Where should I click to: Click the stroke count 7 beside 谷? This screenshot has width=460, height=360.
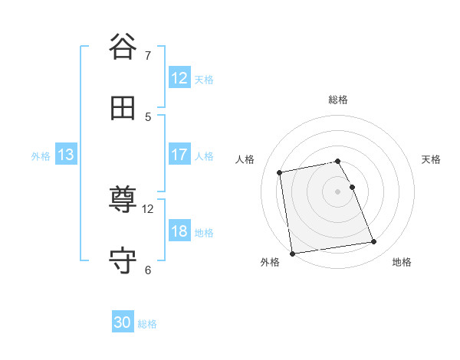(x=148, y=55)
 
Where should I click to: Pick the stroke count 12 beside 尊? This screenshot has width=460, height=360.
(x=148, y=208)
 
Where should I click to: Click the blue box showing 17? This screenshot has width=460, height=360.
(x=179, y=155)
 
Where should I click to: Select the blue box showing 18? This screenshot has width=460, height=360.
(x=179, y=231)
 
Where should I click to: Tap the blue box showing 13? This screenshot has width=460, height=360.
(x=65, y=155)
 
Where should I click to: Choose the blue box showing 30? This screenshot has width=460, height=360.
(x=123, y=322)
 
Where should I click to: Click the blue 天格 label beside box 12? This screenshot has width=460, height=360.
(x=204, y=79)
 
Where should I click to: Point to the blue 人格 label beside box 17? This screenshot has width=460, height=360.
(x=204, y=155)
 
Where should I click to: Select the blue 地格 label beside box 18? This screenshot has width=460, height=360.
(x=204, y=232)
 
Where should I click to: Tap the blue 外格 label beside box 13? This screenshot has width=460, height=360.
(x=41, y=155)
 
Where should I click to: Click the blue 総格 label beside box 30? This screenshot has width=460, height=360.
(x=147, y=324)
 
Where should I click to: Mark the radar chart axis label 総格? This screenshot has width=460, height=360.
(x=338, y=100)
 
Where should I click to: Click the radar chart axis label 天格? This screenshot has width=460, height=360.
(x=432, y=159)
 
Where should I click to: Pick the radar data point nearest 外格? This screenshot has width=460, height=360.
(x=291, y=253)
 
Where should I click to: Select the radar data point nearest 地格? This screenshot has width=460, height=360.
(x=373, y=242)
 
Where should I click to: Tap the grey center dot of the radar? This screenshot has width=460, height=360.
(x=338, y=191)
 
